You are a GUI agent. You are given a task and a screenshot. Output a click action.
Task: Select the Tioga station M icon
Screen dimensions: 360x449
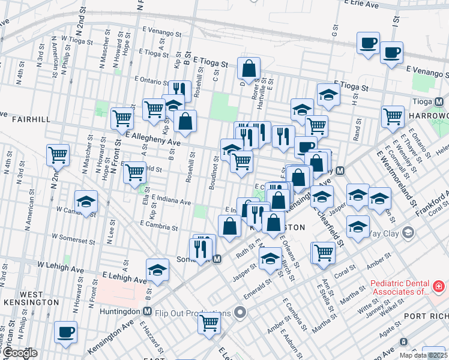click(x=439, y=101)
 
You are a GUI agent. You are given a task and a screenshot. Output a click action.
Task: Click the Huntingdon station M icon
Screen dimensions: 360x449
click(x=146, y=311)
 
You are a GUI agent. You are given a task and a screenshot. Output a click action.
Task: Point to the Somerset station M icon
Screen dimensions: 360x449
click(x=217, y=259)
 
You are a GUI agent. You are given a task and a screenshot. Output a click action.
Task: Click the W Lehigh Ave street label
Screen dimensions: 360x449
click(x=60, y=264)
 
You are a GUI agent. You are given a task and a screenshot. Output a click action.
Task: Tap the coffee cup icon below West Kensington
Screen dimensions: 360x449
click(x=65, y=332)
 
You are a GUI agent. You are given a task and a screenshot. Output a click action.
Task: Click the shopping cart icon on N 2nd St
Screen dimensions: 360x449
click(x=58, y=155)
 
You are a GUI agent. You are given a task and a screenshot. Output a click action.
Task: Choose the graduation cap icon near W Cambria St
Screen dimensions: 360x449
click(x=86, y=202)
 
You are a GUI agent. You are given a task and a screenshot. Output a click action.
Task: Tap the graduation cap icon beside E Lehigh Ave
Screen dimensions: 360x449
click(x=158, y=270)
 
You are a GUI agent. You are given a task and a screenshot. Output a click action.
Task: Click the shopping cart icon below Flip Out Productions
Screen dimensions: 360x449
click(x=209, y=323)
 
